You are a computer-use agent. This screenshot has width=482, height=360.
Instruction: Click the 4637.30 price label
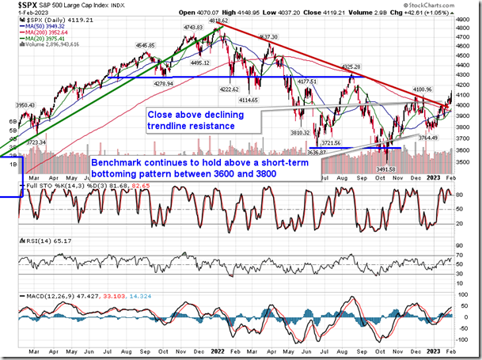[267, 37]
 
